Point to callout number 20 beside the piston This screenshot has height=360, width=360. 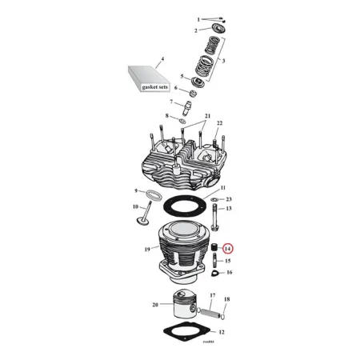(x=154, y=305)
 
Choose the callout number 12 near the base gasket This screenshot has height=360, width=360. (x=222, y=331)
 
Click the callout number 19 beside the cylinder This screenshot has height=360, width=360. (x=147, y=249)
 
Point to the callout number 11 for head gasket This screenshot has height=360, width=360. (x=211, y=186)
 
